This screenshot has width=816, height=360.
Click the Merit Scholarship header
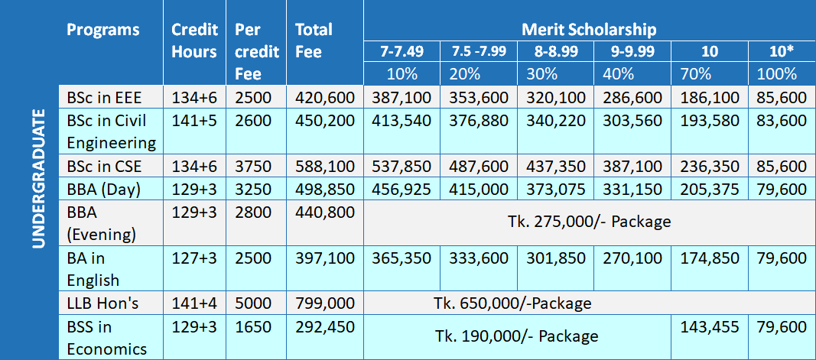click(x=589, y=30)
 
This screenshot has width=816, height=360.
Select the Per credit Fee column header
click(x=249, y=52)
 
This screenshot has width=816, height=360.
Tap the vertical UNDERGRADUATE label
click(x=39, y=180)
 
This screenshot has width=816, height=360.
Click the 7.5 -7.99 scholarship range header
click(x=479, y=51)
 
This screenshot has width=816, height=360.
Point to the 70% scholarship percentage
click(x=696, y=74)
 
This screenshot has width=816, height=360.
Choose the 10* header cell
click(x=781, y=51)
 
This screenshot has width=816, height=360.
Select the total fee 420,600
click(x=324, y=97)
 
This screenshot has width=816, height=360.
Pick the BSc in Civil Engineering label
click(x=111, y=131)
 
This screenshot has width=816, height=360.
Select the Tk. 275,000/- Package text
click(x=589, y=222)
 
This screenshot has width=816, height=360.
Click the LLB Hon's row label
click(x=102, y=303)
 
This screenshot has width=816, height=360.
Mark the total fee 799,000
click(x=324, y=303)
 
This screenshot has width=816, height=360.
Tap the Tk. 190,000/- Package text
click(x=517, y=336)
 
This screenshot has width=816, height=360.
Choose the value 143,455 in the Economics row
click(x=709, y=327)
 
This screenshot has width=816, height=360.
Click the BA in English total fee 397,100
click(x=324, y=258)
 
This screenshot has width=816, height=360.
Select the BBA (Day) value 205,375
click(x=709, y=190)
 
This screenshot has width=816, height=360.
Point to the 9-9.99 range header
click(x=632, y=51)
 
